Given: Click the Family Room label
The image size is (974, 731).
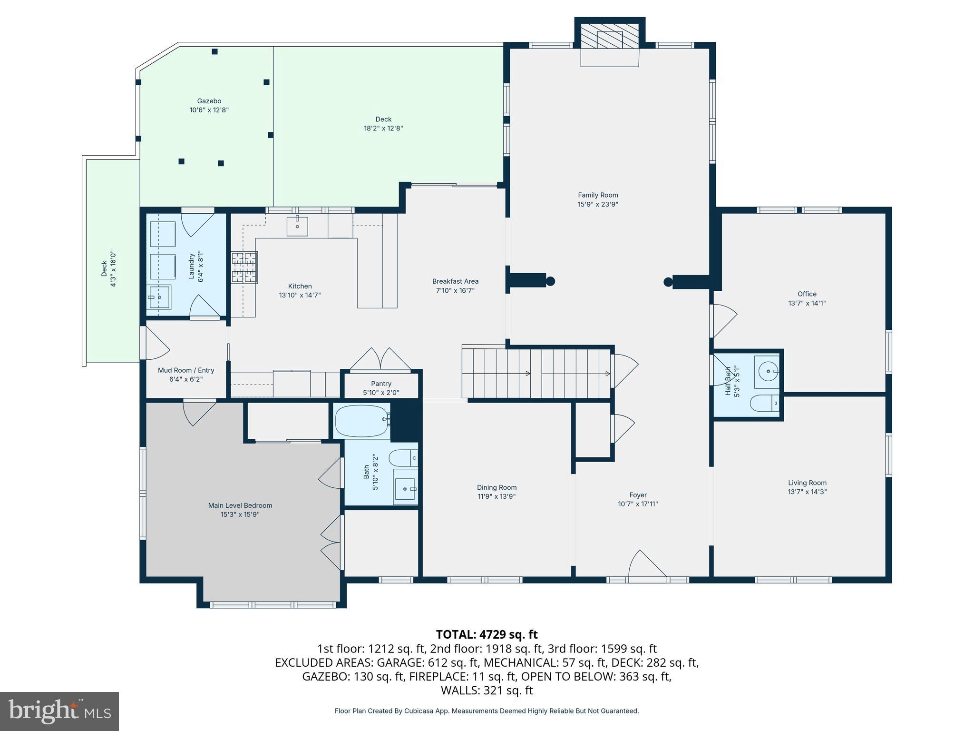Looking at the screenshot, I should pyautogui.click(x=598, y=195).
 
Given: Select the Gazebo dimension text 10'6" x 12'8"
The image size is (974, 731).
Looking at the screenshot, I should pyautogui.click(x=209, y=110).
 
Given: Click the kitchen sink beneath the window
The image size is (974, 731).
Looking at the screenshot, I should pyautogui.click(x=297, y=227).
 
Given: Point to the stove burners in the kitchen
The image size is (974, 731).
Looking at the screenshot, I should pyautogui.click(x=244, y=267).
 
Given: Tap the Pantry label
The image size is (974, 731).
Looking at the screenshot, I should pyautogui.click(x=381, y=384).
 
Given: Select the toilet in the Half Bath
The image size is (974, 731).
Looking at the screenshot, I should pyautogui.click(x=765, y=404).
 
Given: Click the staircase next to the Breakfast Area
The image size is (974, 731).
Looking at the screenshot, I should pyautogui.click(x=536, y=374).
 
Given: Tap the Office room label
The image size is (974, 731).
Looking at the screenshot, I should pyautogui.click(x=807, y=294).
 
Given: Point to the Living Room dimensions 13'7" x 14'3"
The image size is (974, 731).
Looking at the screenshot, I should pyautogui.click(x=807, y=492).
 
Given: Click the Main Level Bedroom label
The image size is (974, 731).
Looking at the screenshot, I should pyautogui.click(x=240, y=505).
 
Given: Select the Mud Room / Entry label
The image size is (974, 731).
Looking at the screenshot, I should pyautogui.click(x=186, y=370).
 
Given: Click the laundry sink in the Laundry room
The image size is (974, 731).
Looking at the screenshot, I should pyautogui.click(x=159, y=297).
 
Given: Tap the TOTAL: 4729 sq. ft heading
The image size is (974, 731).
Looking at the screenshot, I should pyautogui.click(x=487, y=634).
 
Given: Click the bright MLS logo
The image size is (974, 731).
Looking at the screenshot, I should pyautogui.click(x=59, y=711).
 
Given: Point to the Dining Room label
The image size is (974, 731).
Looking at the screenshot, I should pyautogui.click(x=497, y=487).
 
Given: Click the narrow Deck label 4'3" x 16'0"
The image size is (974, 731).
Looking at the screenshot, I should pyautogui.click(x=108, y=269).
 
